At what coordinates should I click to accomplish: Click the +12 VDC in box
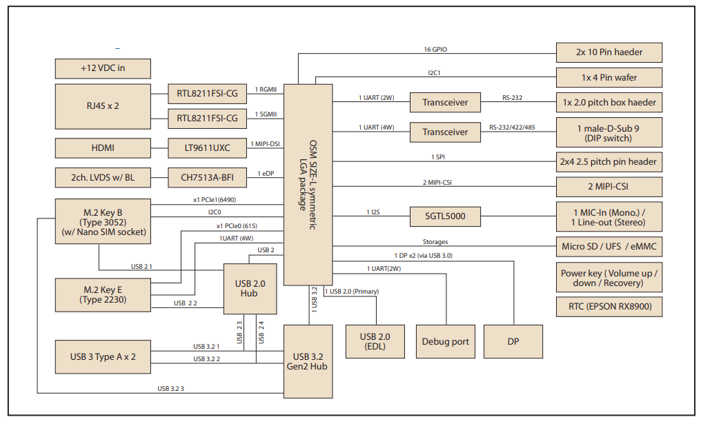pos(102,68)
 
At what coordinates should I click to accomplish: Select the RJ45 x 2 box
pos(102,106)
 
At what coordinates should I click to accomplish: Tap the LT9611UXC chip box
pos(207,148)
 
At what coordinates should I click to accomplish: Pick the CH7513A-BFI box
pos(207,178)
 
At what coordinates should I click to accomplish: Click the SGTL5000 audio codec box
pos(444,216)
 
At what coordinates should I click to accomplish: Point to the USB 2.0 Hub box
pos(249,288)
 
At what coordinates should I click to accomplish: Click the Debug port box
pos(445,341)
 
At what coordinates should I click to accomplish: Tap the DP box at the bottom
pos(513,341)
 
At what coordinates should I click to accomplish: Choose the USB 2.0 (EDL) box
pos(375,341)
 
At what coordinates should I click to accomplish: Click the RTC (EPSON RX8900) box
pos(609,307)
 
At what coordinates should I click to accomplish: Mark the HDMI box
pos(102,148)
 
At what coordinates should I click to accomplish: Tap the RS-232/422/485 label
pos(512,128)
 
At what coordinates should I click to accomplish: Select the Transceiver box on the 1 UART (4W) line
pos(444,132)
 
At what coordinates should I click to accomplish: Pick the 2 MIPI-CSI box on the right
pos(609,186)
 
